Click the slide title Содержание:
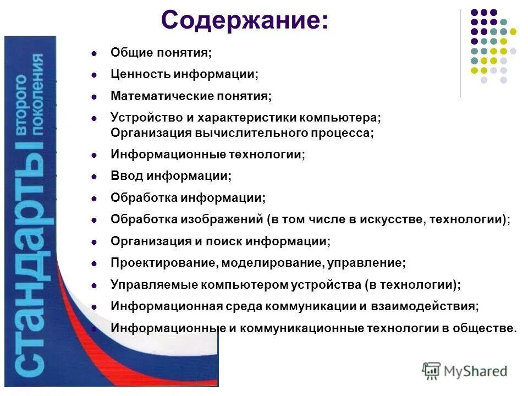(x=245, y=21)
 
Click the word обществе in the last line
(x=484, y=328)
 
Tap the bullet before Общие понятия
(x=94, y=53)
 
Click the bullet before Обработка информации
(x=94, y=198)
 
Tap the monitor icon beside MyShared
(x=432, y=371)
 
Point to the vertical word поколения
(x=37, y=94)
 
